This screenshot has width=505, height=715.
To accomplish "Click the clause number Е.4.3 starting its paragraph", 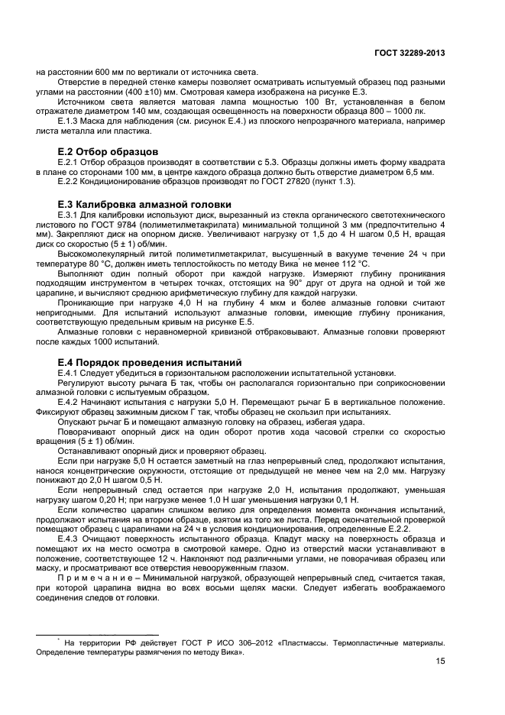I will pos(71,539).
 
